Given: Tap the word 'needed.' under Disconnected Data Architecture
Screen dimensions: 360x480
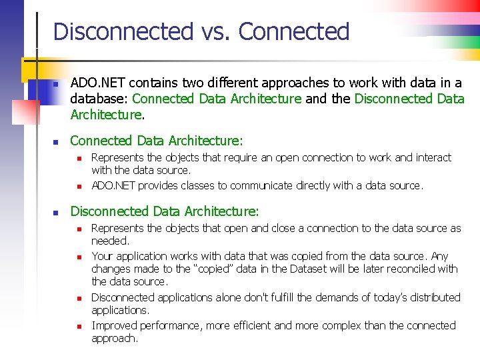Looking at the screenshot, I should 110,241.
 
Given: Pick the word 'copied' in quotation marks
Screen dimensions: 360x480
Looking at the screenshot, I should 217,269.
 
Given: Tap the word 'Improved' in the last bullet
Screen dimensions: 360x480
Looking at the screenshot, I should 114,325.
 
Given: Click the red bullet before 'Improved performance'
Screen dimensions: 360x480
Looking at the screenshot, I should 78,327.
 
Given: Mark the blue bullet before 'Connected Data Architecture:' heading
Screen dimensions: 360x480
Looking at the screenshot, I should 57,142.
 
